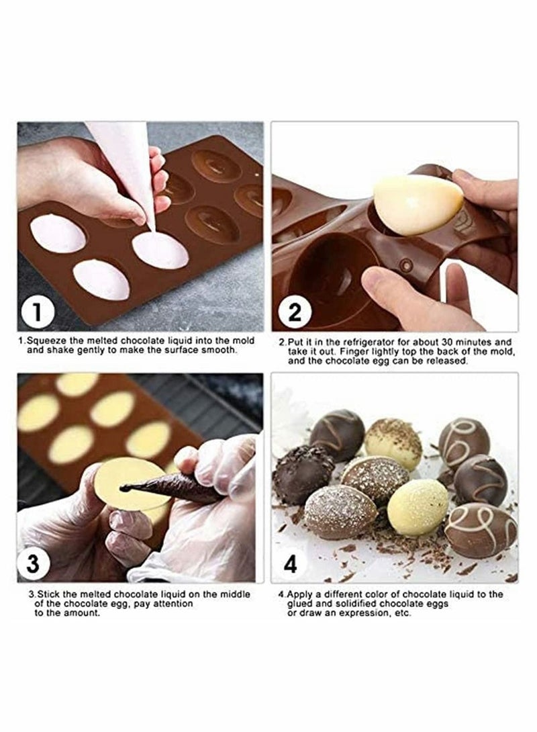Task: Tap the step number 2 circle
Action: pyautogui.click(x=297, y=312)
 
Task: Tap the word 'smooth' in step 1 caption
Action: pyautogui.click(x=219, y=349)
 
